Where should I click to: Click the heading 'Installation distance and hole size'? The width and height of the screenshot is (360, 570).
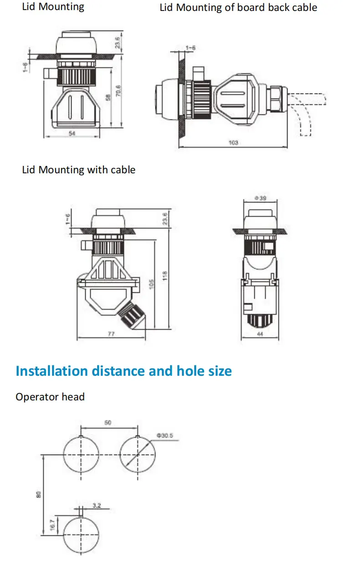coord(123,371)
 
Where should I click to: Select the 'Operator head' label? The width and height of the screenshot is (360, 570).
coord(50,397)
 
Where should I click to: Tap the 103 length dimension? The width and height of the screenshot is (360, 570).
coord(233,143)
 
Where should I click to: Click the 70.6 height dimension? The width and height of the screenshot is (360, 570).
coord(119,91)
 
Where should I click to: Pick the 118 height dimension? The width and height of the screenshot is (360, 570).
coord(165,275)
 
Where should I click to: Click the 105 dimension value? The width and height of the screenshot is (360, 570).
coord(151,284)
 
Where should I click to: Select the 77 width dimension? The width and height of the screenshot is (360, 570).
coord(111,334)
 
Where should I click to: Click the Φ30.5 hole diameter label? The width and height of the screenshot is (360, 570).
coord(165,435)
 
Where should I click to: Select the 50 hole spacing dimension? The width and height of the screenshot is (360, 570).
coord(108,423)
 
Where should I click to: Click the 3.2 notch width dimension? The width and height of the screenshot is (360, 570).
coord(97,505)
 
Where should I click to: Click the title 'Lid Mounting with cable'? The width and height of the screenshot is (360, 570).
coord(79,170)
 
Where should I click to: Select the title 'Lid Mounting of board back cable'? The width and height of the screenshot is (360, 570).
coord(238,7)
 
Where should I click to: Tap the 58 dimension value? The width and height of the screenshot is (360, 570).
coord(108,98)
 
